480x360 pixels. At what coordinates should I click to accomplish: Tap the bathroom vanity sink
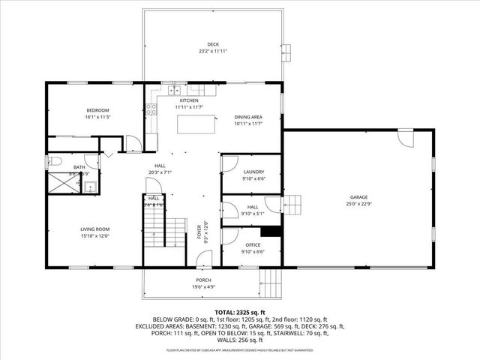88,186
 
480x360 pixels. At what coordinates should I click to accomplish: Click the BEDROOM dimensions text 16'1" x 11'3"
98,117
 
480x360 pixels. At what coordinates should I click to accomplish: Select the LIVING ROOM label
95,229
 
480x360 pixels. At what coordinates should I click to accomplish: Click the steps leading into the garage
295,204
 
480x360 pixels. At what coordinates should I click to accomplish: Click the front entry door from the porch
204,259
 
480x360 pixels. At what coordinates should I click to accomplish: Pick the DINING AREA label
248,117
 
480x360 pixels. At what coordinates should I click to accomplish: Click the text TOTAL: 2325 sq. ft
239,311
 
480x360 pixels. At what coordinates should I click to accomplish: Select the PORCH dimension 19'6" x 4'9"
202,286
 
